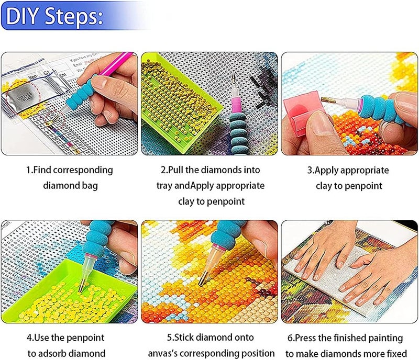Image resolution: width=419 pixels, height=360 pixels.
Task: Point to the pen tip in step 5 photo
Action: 201,282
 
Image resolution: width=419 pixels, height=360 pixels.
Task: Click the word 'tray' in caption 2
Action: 165,185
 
